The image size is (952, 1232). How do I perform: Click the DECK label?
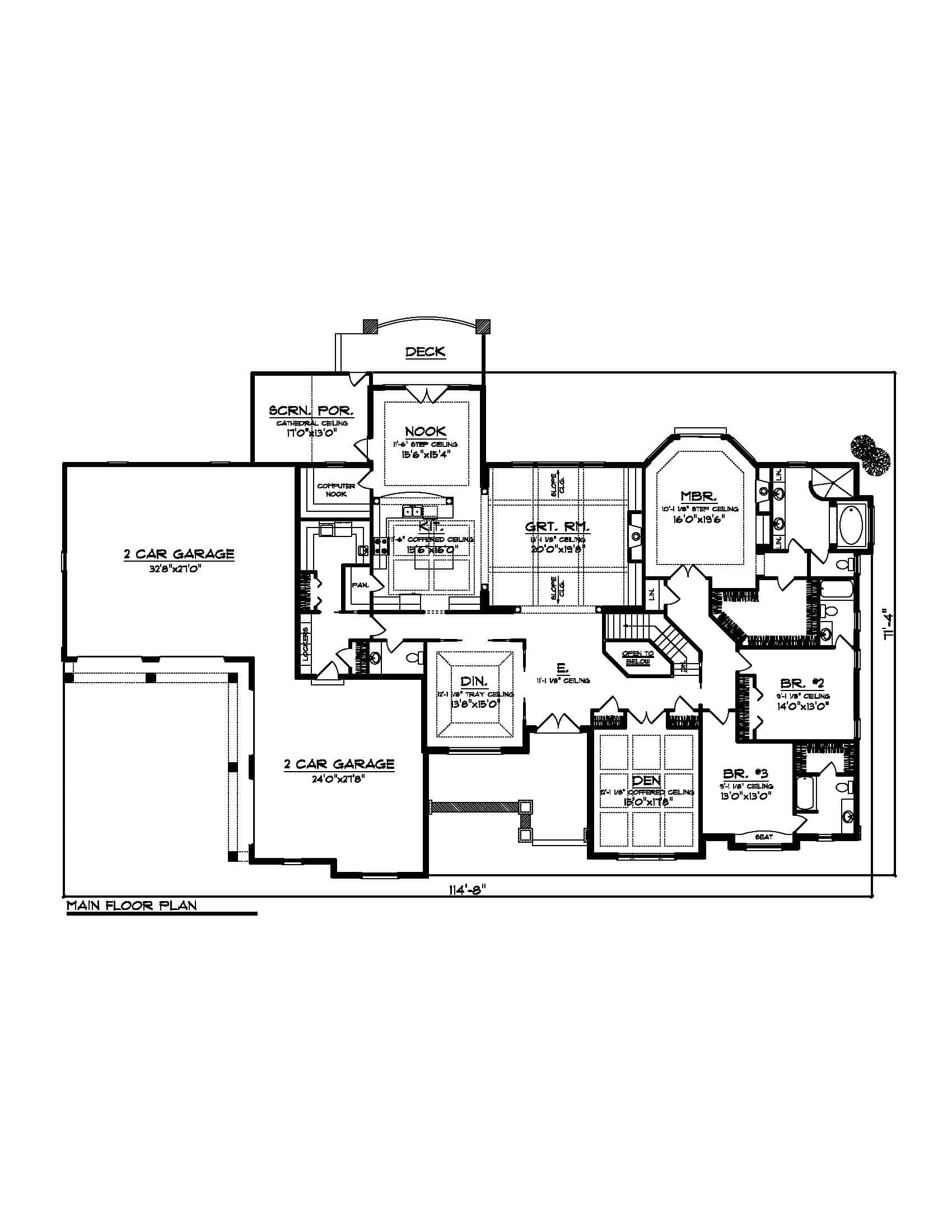point(425,352)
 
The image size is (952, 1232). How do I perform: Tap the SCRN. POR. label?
point(311,410)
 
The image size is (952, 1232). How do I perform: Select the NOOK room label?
point(425,432)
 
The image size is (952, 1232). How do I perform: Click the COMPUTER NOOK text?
point(335,489)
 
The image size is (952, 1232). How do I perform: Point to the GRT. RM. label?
point(557,527)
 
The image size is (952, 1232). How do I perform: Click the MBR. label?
point(699,496)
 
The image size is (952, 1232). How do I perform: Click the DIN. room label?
point(474,682)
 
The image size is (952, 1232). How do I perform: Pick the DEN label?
point(646,781)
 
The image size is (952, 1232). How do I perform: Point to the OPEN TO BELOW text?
point(638,657)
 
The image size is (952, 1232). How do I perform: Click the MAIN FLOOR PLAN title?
point(132,906)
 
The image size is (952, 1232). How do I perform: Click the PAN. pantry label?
point(361,585)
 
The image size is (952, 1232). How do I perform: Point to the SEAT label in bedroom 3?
point(764,837)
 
